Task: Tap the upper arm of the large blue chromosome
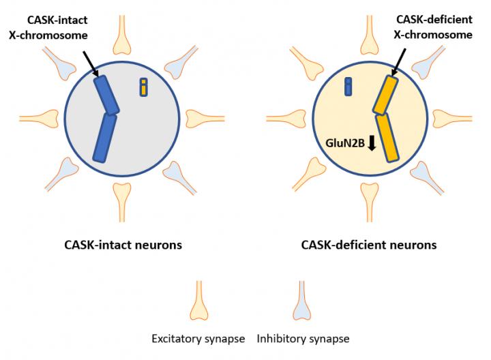(x=108, y=95)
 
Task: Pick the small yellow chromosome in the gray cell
(x=143, y=87)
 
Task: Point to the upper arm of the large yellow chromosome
(x=384, y=95)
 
